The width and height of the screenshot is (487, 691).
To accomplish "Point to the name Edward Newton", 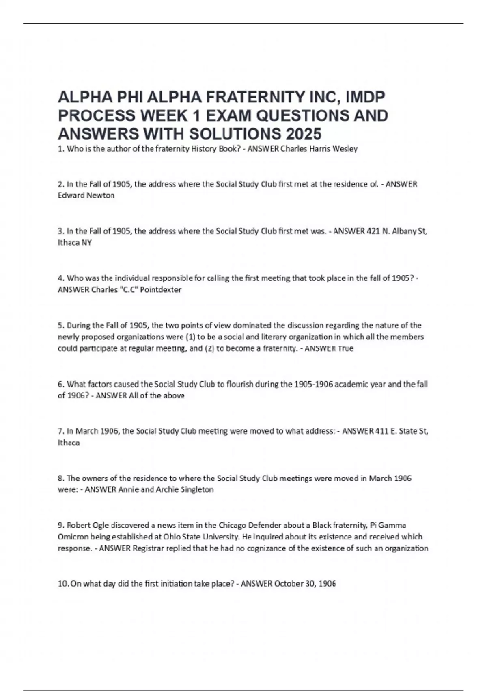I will point(86,196).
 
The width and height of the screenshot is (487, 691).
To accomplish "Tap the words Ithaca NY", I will point(75,243).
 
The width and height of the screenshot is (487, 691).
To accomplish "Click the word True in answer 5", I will point(345,348).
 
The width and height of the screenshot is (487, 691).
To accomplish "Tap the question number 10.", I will point(63,584).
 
